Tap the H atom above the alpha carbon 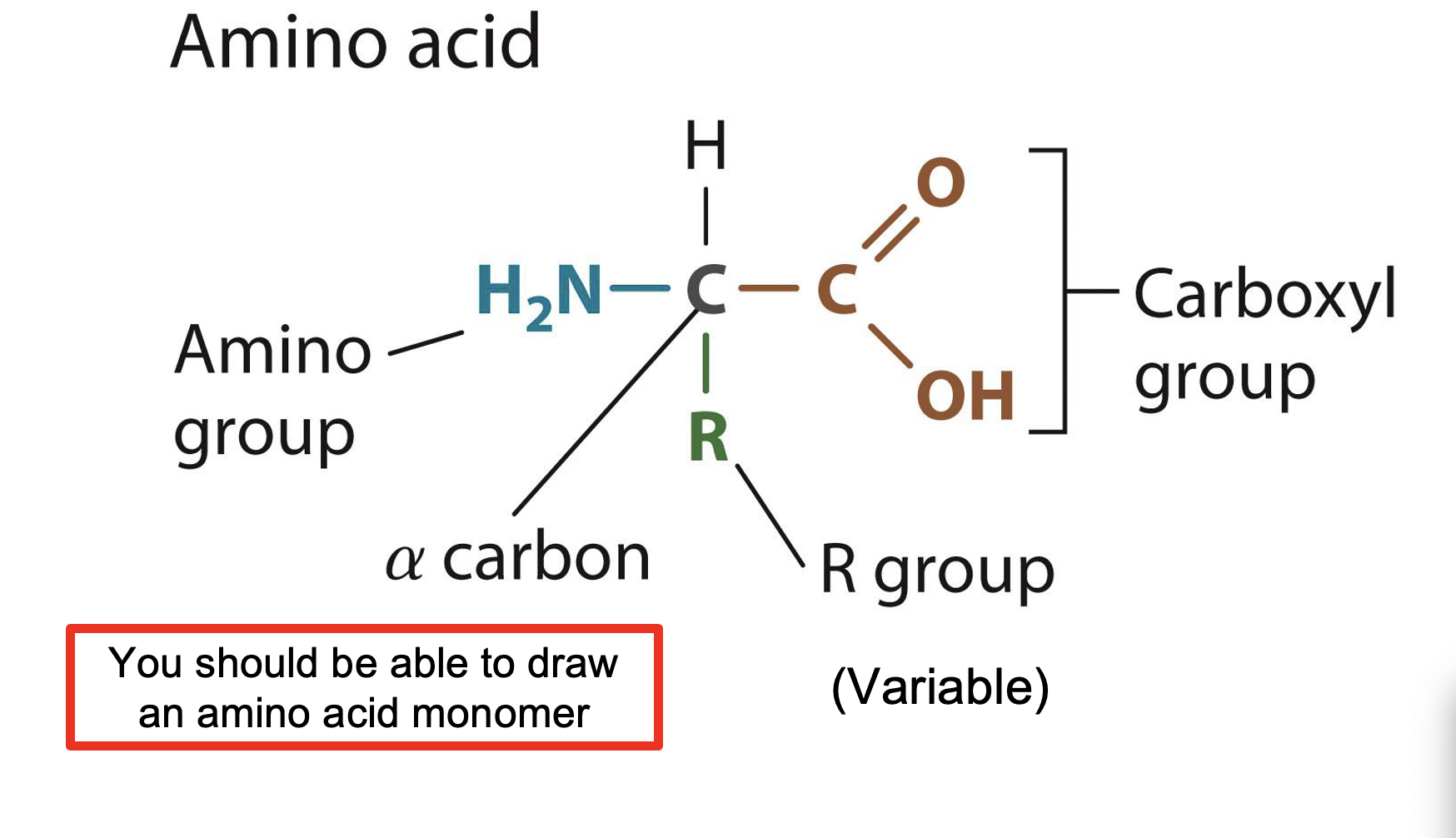coord(706,145)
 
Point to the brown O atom coord(940,182)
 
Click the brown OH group coord(965,396)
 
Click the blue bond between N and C coord(640,289)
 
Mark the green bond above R coord(706,362)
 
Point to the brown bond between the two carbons coord(768,289)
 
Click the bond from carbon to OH coord(890,345)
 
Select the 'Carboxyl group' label coord(1264,336)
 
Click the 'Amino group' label coord(272,392)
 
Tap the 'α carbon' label coord(517,559)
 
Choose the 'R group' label coord(937,572)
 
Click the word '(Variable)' coord(940,688)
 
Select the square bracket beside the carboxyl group coord(1063,292)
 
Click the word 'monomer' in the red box coord(500,715)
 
